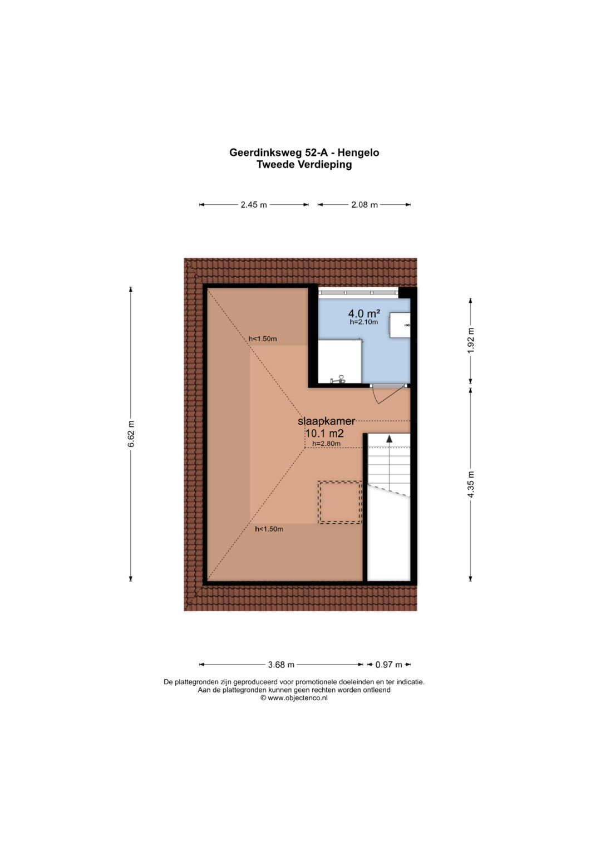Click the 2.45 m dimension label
pos(253,205)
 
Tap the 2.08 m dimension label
pos(364,205)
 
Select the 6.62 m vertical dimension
pos(131,434)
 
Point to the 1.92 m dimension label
pos(470,340)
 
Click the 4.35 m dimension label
pos(470,485)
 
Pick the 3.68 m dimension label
pos(281,665)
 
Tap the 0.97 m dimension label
pos(388,665)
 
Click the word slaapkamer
pos(326,421)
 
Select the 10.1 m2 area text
pos(324,433)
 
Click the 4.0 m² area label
pos(364,313)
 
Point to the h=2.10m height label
pos(364,322)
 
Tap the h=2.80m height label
pos(326,443)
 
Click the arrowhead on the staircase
pos(390,439)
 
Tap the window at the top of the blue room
pos(358,293)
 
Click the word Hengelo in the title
pos(358,153)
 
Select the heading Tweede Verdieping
pos(304,165)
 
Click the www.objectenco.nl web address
pos(297,698)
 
